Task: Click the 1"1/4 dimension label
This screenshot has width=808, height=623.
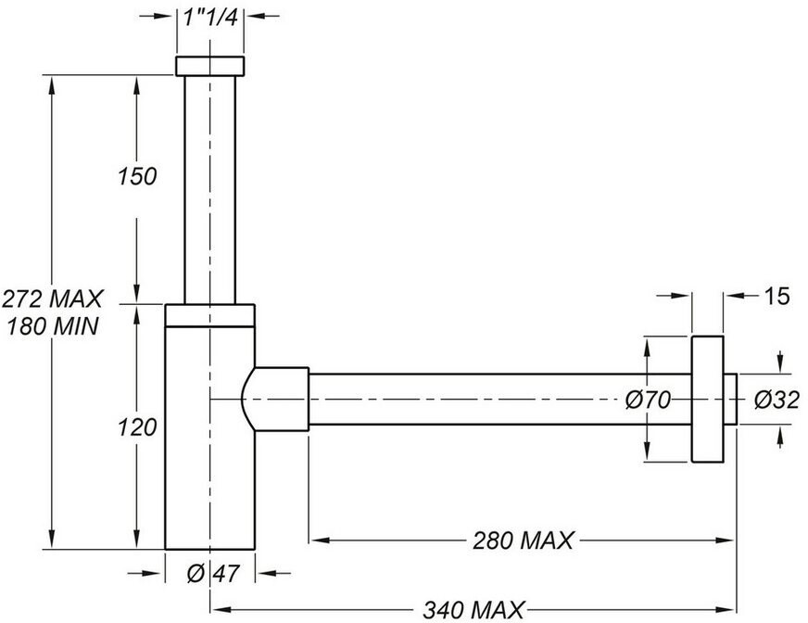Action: coord(210,18)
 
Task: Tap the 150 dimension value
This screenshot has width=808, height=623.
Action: coord(137,176)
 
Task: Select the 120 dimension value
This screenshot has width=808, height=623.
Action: coord(137,427)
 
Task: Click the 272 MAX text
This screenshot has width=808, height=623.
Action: coord(53,299)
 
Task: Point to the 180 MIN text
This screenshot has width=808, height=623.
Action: coord(53,326)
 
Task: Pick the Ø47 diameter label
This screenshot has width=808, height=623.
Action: coord(213,574)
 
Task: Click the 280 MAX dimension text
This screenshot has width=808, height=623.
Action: coord(523,540)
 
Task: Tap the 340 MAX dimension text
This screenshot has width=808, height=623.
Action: coord(473,610)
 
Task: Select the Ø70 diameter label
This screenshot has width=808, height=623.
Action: coord(648,400)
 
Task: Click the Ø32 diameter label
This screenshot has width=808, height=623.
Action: coord(776,400)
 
